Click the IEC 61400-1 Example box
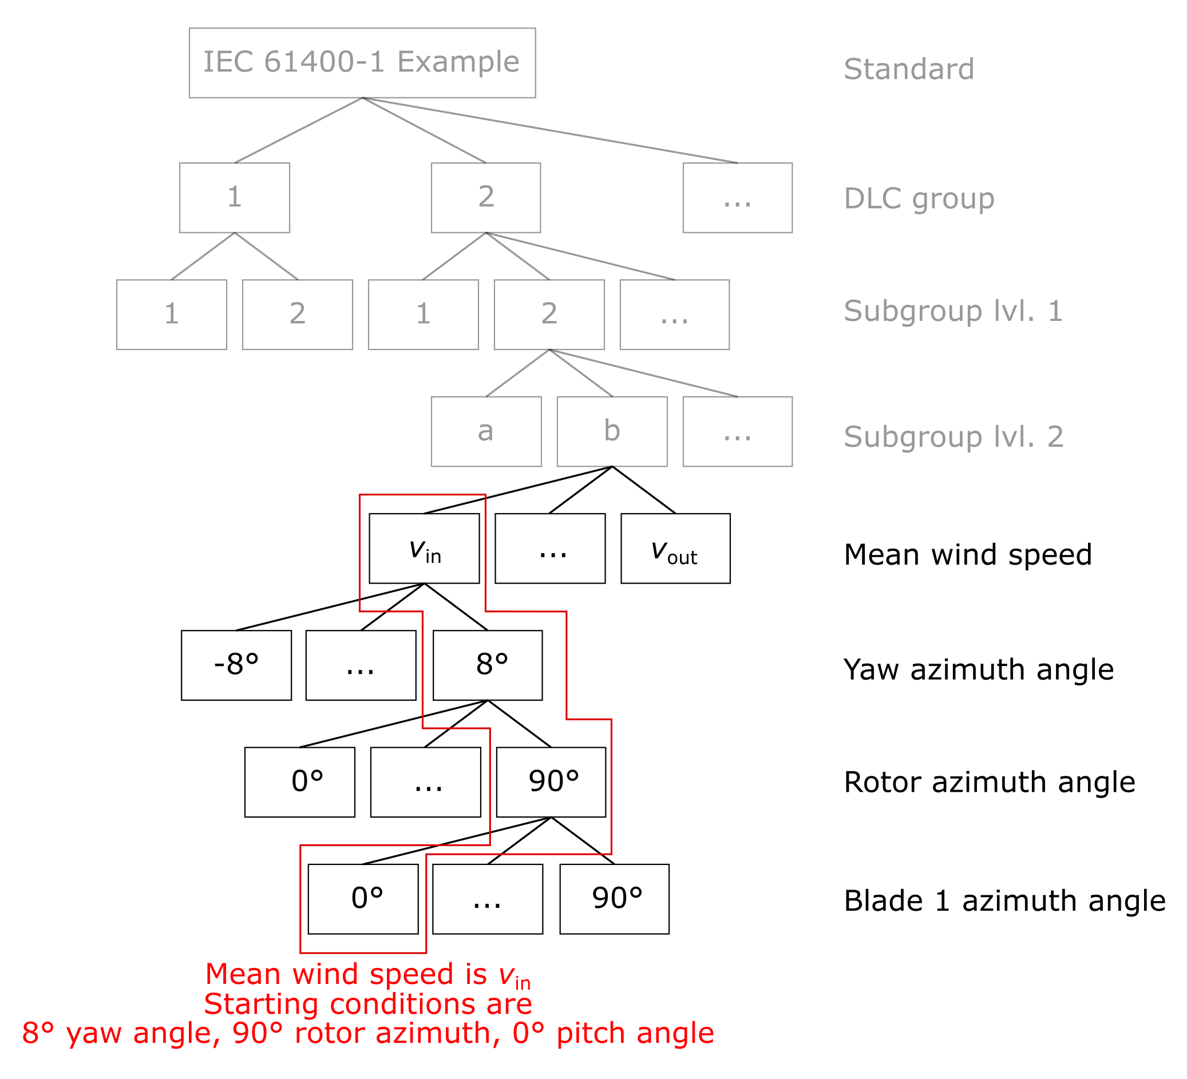pyautogui.click(x=362, y=63)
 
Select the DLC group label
pyautogui.click(x=919, y=199)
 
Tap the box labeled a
pyautogui.click(x=486, y=431)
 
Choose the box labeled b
pyautogui.click(x=612, y=431)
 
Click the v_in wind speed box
pyautogui.click(x=424, y=549)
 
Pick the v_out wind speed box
pyautogui.click(x=675, y=549)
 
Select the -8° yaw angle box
pyautogui.click(x=236, y=665)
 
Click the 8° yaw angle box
pyautogui.click(x=488, y=665)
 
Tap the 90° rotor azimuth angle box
pyautogui.click(x=551, y=782)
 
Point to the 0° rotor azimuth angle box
pyautogui.click(x=300, y=782)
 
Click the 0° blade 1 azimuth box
pyautogui.click(x=363, y=899)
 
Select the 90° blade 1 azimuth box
pyautogui.click(x=614, y=899)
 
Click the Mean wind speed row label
pyautogui.click(x=967, y=554)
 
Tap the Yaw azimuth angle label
pyautogui.click(x=978, y=670)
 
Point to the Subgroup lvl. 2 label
pyautogui.click(x=953, y=437)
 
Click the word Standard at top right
pyautogui.click(x=908, y=69)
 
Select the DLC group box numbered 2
pyautogui.click(x=486, y=198)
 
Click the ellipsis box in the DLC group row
pyautogui.click(x=737, y=198)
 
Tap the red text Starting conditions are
pyautogui.click(x=368, y=1003)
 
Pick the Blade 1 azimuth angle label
pyautogui.click(x=1004, y=901)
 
